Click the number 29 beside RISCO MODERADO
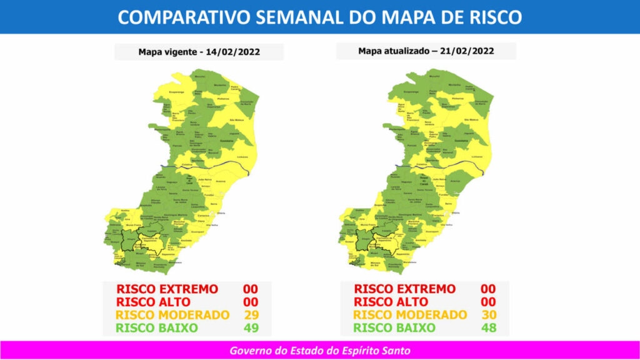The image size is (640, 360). (x=251, y=314)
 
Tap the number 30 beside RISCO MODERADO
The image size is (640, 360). (x=488, y=314)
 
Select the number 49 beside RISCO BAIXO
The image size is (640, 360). (x=251, y=327)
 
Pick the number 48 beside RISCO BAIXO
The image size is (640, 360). (x=488, y=327)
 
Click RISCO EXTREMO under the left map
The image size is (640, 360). (x=167, y=289)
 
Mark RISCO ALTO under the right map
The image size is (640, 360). (x=391, y=301)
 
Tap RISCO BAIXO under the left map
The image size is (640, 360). (x=157, y=327)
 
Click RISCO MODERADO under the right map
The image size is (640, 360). (x=410, y=314)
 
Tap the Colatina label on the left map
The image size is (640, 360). (x=186, y=164)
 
